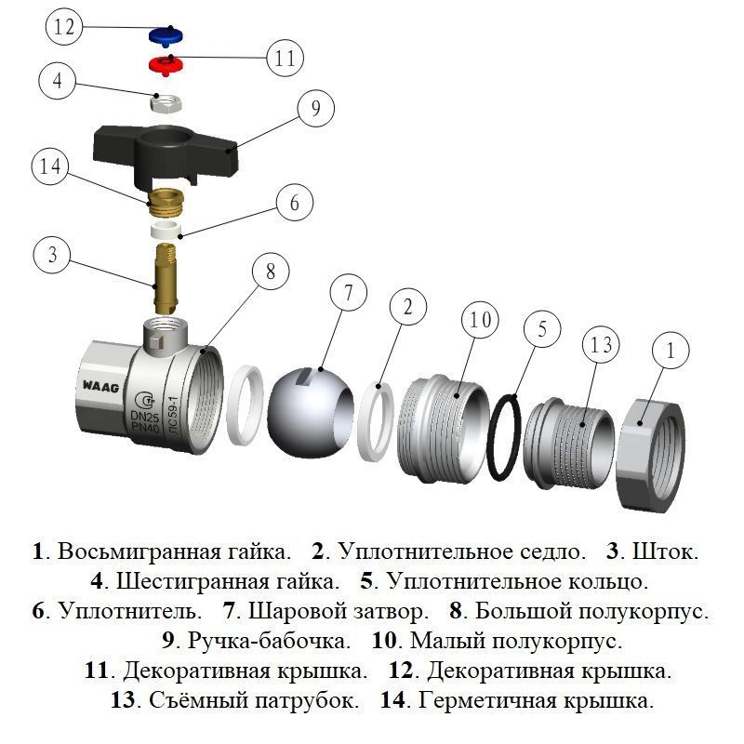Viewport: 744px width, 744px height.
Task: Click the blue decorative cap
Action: pyautogui.click(x=166, y=36)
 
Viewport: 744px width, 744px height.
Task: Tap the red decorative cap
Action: pyautogui.click(x=166, y=65)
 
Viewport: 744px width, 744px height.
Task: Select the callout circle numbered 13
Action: pyautogui.click(x=601, y=345)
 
